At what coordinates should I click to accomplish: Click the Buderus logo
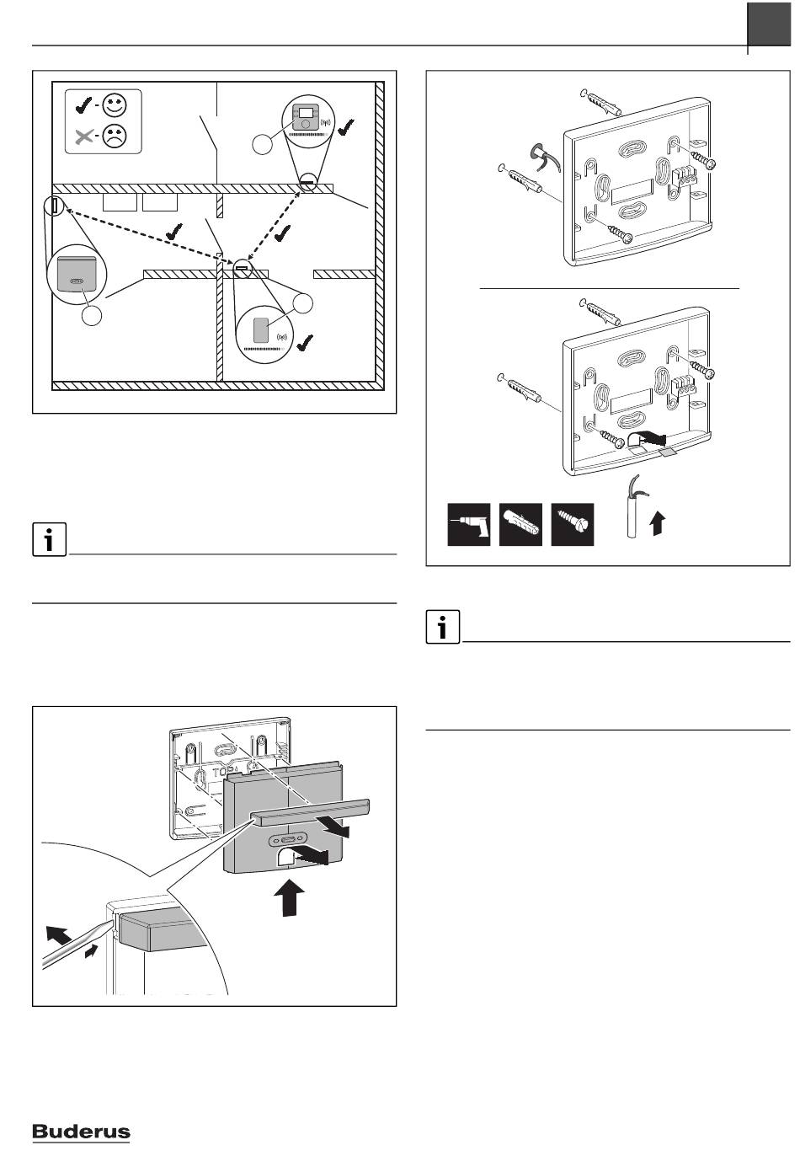coord(81,1132)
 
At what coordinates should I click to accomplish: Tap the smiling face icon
coord(115,105)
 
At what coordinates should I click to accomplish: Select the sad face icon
coord(115,136)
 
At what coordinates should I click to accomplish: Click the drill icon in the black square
coord(468,524)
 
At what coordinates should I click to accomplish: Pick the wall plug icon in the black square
coord(520,524)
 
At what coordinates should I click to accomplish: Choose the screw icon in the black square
coord(573,524)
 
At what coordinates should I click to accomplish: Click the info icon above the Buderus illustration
coord(50,539)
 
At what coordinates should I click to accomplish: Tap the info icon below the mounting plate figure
coord(443,627)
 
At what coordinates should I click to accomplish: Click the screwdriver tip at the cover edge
coord(110,925)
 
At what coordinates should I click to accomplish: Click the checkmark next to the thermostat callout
coord(345,127)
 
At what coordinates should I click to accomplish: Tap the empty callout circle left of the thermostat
coord(263,144)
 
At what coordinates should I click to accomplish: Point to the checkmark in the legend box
coord(84,105)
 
